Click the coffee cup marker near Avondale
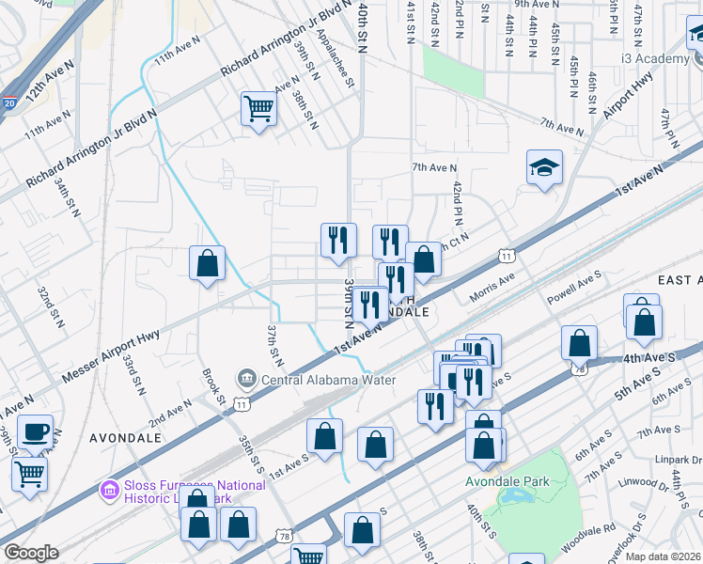coord(35,431)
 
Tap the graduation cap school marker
coord(544,167)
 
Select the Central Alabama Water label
coord(329,380)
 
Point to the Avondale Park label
coord(508,482)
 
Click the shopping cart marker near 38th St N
coord(258,108)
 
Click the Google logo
coord(31,553)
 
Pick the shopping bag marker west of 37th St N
coord(207,264)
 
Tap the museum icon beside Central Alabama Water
coord(247,380)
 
